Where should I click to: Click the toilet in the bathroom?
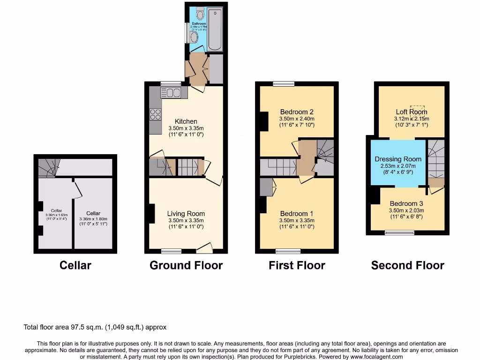(x=200, y=10)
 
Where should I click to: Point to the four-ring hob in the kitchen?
(x=155, y=114)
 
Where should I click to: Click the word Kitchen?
(x=186, y=121)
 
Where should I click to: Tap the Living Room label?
(x=186, y=214)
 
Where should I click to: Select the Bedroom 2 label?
(x=297, y=112)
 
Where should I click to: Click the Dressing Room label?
(x=398, y=159)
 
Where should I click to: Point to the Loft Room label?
(x=411, y=112)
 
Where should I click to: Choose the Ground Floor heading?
(x=186, y=265)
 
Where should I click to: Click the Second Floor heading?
(x=407, y=265)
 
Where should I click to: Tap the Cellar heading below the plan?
(x=75, y=265)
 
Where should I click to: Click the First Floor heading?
(x=297, y=265)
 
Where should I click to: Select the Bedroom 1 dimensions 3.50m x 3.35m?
(x=297, y=220)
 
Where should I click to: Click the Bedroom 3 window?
(x=399, y=232)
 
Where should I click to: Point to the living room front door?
(x=204, y=247)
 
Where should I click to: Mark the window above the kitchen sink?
(x=170, y=83)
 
